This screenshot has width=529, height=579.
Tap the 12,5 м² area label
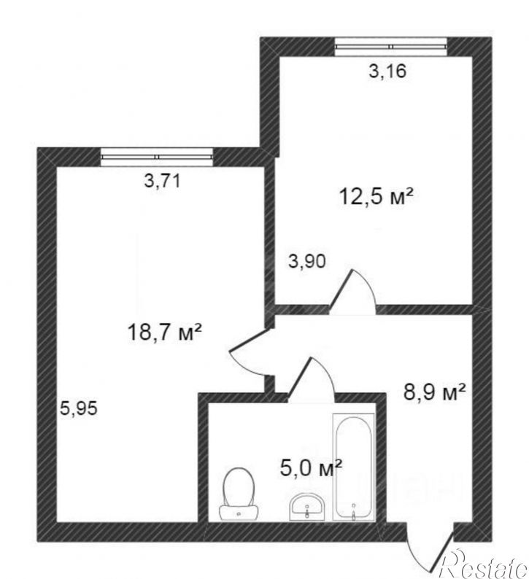377,195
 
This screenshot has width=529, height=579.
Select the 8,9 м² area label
435,394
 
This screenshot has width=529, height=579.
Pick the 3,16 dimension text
387,71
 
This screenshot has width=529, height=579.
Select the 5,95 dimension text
79,408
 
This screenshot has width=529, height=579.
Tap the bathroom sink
307,505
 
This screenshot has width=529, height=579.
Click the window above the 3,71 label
157,155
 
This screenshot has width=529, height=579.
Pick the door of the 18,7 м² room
248,353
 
